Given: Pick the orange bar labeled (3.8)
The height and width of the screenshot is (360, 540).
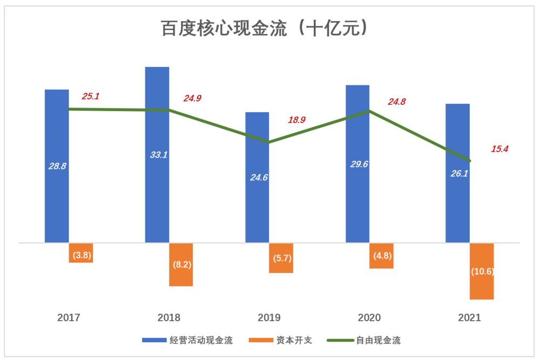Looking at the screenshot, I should tap(81, 253).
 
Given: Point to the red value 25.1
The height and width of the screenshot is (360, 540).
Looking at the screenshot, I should tap(91, 97).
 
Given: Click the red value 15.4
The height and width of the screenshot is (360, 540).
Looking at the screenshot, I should tap(500, 148).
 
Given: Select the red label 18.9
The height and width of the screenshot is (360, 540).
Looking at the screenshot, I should tap(296, 120).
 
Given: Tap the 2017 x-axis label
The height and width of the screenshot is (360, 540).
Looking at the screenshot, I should tap(69, 318).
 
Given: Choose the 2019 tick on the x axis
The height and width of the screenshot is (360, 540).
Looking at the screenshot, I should tap(269, 318).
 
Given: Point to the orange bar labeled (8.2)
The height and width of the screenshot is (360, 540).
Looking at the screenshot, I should tap(181, 264).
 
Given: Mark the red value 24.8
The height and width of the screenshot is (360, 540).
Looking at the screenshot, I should tap(397, 101).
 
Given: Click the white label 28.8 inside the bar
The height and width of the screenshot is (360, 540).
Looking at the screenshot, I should tap(57, 166).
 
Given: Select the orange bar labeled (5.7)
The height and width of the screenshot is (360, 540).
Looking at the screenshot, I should tap(281, 258).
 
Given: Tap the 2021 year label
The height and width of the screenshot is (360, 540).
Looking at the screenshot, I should tap(469, 318).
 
